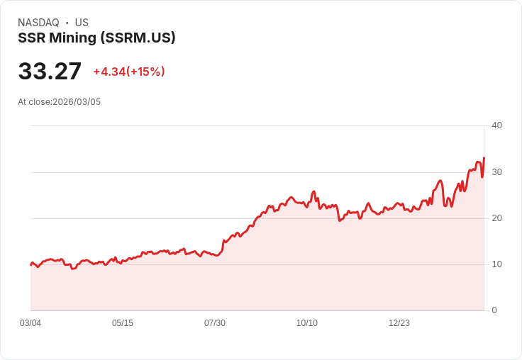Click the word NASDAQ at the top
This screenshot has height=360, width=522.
(x=38, y=23)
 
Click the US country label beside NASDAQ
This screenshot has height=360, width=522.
(x=82, y=23)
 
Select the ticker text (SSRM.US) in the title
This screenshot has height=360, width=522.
(x=138, y=38)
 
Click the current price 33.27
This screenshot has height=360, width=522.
(x=50, y=72)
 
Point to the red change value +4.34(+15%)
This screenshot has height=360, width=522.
(x=129, y=72)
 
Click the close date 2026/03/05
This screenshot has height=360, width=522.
(x=77, y=102)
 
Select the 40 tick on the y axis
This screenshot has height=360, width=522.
(x=496, y=125)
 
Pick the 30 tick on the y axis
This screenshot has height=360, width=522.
(x=496, y=172)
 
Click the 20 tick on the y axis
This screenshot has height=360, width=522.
(x=496, y=218)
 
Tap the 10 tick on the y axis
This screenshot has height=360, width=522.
(x=496, y=264)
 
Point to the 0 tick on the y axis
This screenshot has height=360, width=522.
(x=494, y=310)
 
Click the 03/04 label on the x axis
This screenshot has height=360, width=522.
(x=30, y=323)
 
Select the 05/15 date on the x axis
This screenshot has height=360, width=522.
(x=123, y=323)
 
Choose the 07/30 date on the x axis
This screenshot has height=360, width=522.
(x=215, y=323)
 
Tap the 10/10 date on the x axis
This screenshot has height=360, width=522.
(x=307, y=323)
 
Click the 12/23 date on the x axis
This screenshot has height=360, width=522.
(x=399, y=323)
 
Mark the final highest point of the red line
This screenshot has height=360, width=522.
(x=484, y=158)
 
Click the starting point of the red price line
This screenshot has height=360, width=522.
(x=30, y=264)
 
